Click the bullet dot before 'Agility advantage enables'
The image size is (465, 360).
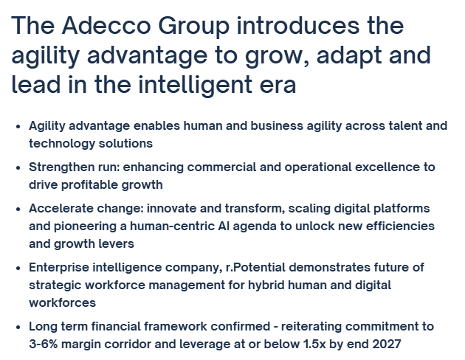pyautogui.click(x=18, y=126)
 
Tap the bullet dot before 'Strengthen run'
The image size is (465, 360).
pyautogui.click(x=18, y=167)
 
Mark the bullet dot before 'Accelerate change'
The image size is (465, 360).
pyautogui.click(x=18, y=209)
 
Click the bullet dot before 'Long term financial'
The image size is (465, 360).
pyautogui.click(x=18, y=326)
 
